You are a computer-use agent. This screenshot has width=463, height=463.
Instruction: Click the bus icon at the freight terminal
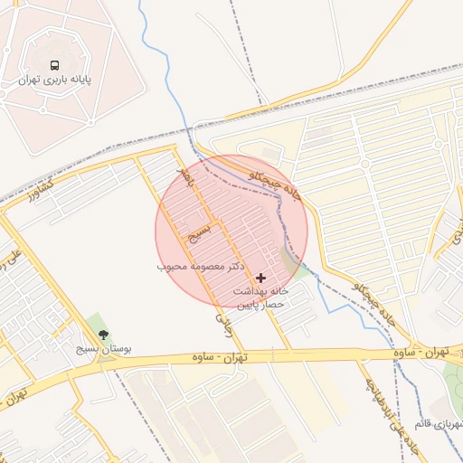pyautogui.click(x=55, y=65)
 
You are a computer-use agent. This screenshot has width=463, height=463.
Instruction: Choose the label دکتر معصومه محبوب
pyautogui.click(x=202, y=267)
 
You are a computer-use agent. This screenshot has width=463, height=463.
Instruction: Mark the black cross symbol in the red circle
pyautogui.click(x=261, y=278)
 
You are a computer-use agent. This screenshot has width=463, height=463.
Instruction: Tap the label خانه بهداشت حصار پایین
pyautogui.click(x=261, y=298)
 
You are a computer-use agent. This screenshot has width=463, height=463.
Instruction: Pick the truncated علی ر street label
pyautogui.click(x=14, y=258)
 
